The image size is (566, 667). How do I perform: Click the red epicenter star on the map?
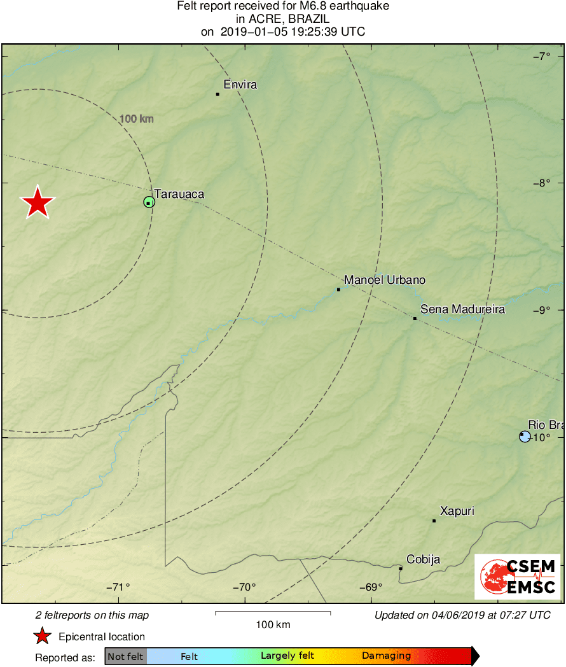(38, 203)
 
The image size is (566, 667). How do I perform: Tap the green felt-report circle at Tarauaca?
(149, 202)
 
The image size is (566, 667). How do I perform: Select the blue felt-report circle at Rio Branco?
(525, 436)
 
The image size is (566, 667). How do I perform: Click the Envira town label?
(240, 85)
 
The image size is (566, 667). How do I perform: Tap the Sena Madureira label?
(462, 309)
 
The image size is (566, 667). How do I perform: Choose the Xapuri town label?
(457, 511)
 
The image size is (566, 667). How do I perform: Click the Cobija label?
(423, 559)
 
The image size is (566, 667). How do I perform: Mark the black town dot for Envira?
(217, 94)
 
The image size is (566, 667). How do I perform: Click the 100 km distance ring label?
(136, 118)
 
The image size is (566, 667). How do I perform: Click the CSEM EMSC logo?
(518, 577)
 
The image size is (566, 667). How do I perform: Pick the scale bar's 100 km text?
(273, 624)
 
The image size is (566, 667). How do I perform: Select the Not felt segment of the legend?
(125, 656)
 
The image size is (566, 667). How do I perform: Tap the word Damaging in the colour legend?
(386, 656)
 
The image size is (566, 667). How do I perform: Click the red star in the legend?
(42, 636)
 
